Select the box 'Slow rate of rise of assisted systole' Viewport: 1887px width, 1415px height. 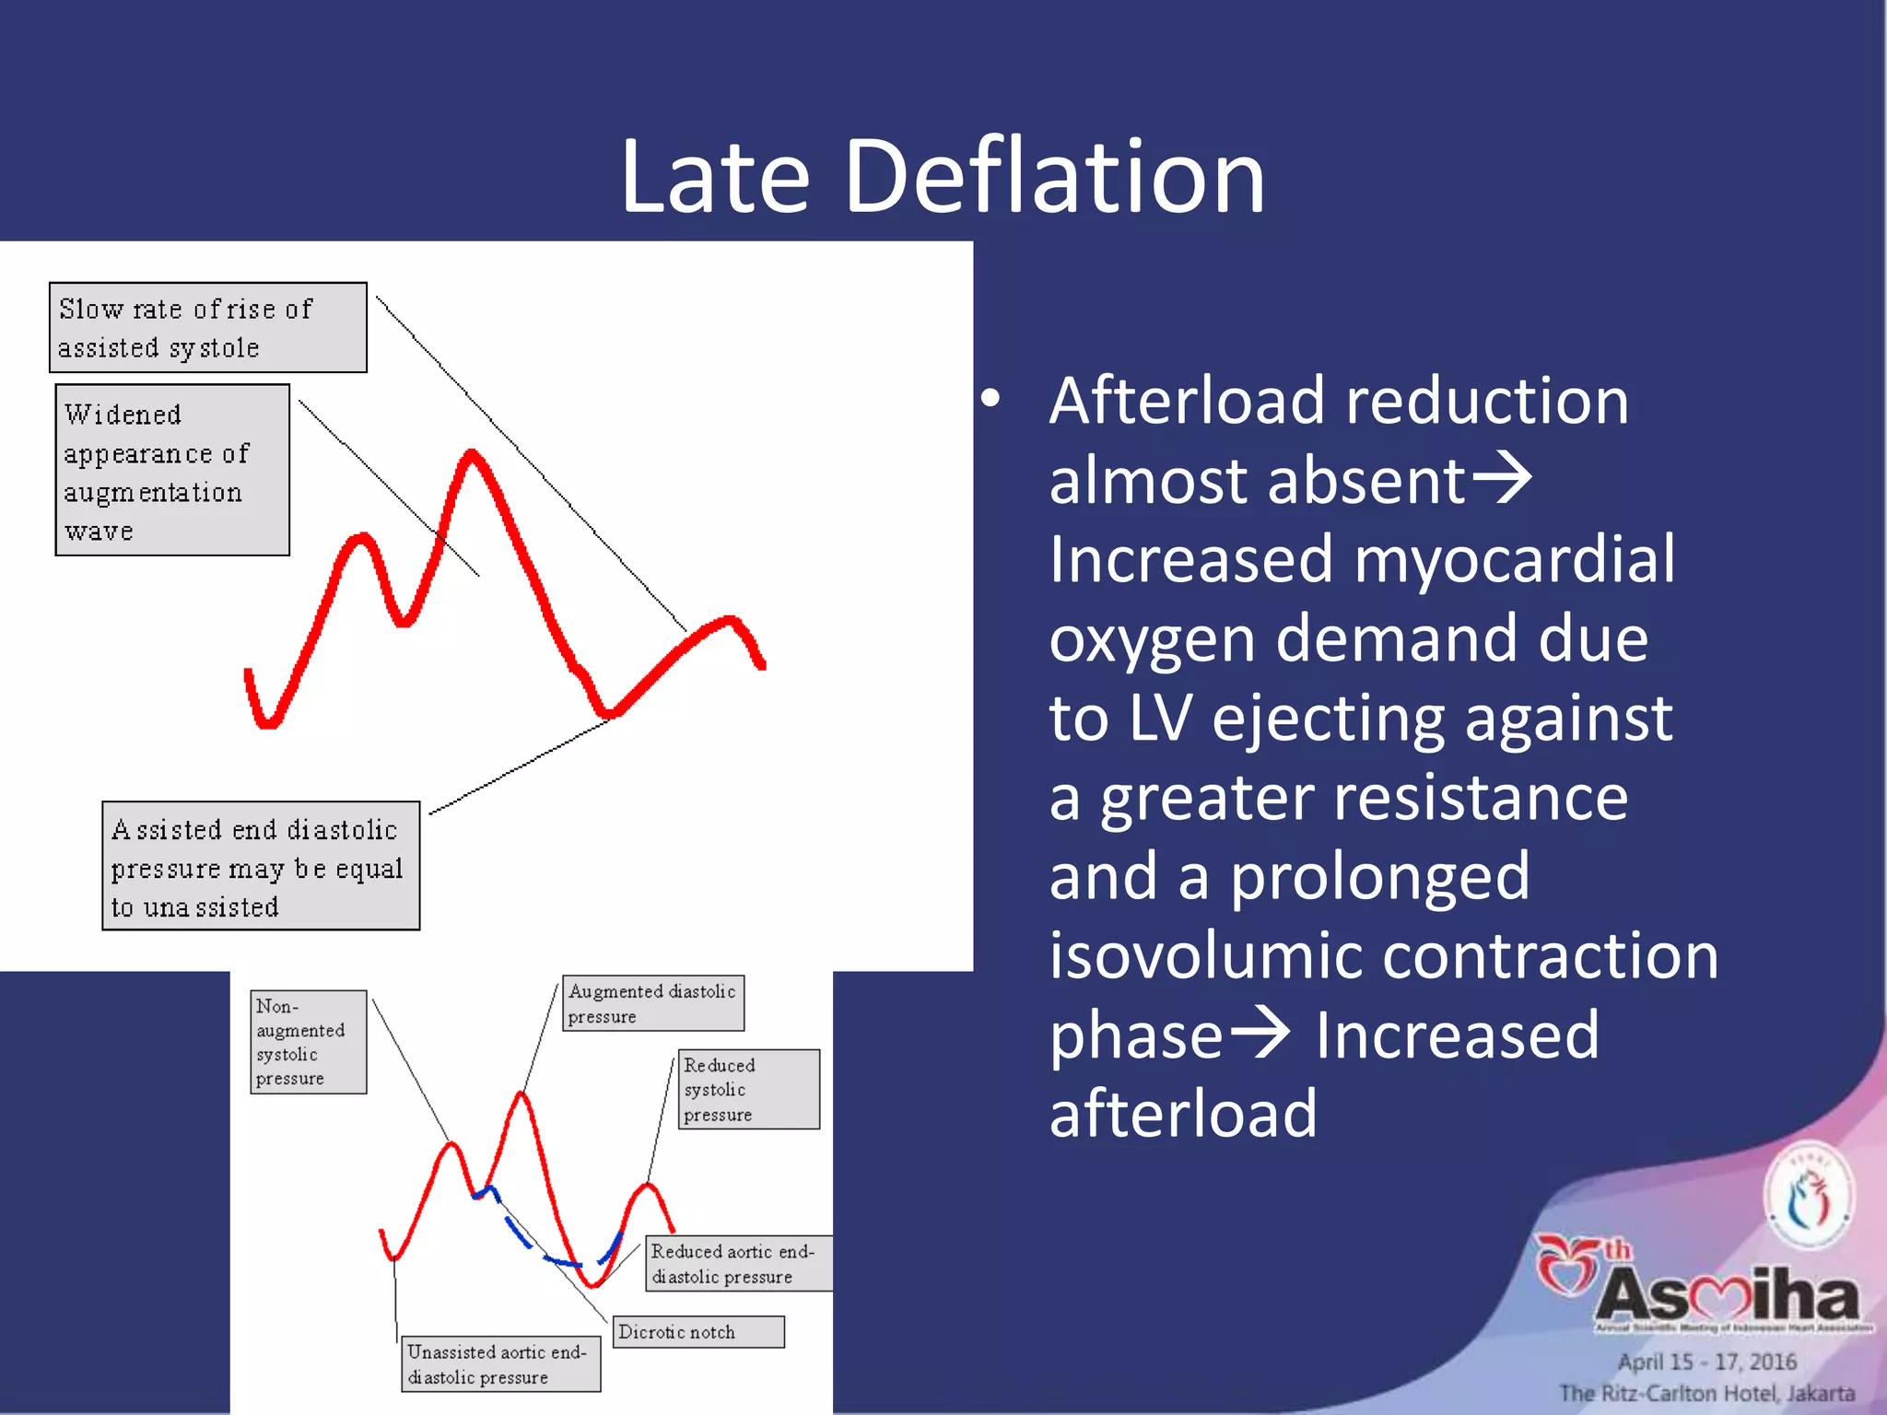(207, 328)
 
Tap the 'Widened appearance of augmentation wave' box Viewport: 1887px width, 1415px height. (172, 471)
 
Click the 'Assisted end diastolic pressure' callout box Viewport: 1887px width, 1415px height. (261, 866)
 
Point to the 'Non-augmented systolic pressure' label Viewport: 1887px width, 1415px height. (308, 1042)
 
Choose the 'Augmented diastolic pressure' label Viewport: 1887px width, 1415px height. (652, 1003)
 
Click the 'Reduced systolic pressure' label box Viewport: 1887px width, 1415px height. (748, 1089)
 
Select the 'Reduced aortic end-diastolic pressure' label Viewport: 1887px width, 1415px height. (737, 1264)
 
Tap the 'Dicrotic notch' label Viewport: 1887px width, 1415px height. (697, 1332)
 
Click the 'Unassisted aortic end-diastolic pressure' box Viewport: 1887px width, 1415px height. (500, 1364)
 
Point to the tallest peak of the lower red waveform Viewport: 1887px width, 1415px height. (522, 1096)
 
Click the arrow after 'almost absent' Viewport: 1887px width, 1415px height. (1502, 480)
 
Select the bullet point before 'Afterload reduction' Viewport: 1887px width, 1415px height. (990, 400)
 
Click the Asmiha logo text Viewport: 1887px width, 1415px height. (1728, 1294)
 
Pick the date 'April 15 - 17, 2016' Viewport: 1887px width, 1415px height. (1706, 1362)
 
